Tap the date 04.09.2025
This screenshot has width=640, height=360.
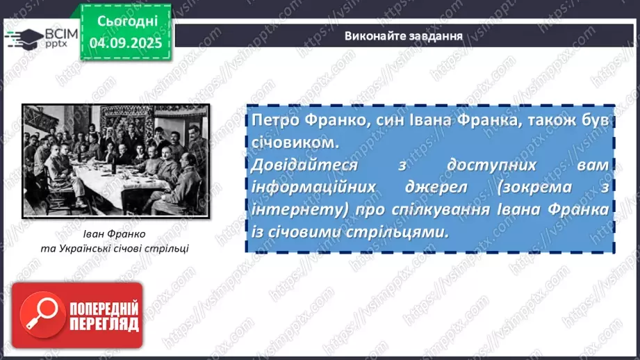[x=127, y=42]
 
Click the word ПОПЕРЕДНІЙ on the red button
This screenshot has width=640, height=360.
[x=104, y=309]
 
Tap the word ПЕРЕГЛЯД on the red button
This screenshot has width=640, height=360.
[x=104, y=325]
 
